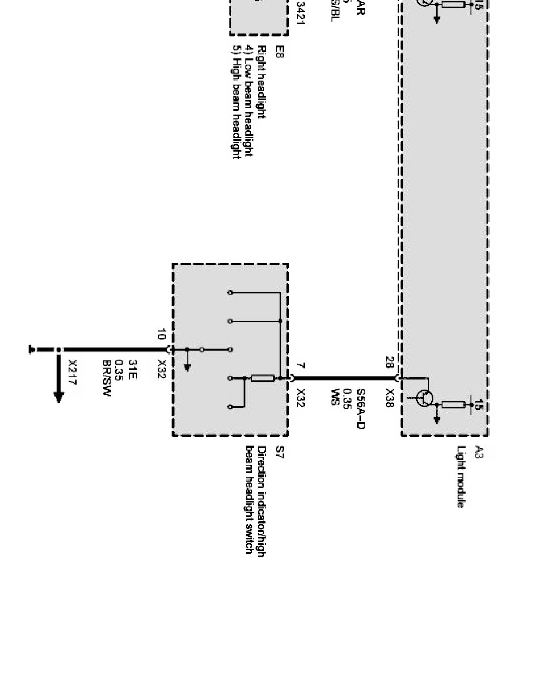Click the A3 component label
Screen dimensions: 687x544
pos(479,452)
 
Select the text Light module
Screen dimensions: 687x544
pos(461,477)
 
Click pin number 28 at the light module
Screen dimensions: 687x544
pos(390,361)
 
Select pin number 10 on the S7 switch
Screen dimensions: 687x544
pos(162,334)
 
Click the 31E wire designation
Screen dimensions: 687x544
pos(133,369)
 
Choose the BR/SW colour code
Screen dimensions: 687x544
pos(107,378)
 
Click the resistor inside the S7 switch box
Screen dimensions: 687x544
pos(263,378)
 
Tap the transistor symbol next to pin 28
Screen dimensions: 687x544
pos(423,398)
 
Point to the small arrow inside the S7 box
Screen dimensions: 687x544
pos(187,367)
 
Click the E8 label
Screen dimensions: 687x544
pos(279,52)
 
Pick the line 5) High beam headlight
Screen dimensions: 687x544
pos(236,102)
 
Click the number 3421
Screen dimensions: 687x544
pos(301,17)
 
